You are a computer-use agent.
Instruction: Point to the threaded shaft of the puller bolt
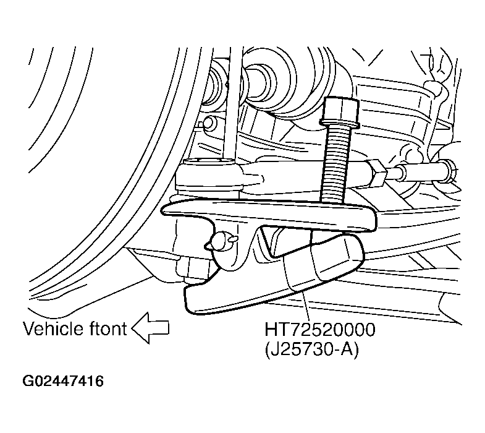(335, 164)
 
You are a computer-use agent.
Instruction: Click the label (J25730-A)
(311, 350)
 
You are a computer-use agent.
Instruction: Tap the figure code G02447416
(63, 381)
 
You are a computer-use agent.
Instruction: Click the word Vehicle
(54, 328)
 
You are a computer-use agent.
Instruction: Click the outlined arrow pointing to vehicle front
(151, 328)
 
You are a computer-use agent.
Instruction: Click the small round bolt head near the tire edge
(209, 122)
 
